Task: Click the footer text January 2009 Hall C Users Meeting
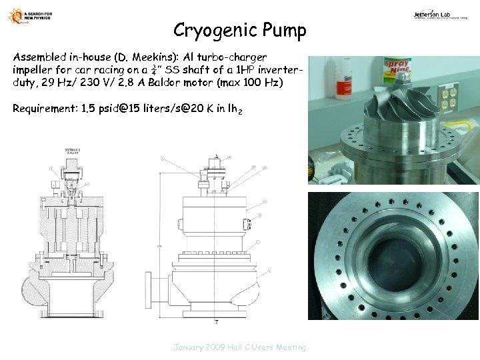(240, 347)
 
